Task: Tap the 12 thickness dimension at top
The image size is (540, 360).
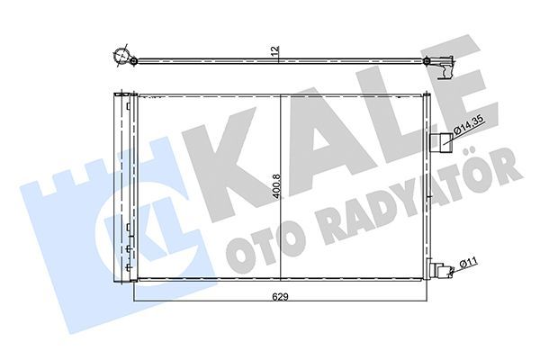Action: point(276,50)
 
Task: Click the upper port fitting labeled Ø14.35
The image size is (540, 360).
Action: point(444,139)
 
